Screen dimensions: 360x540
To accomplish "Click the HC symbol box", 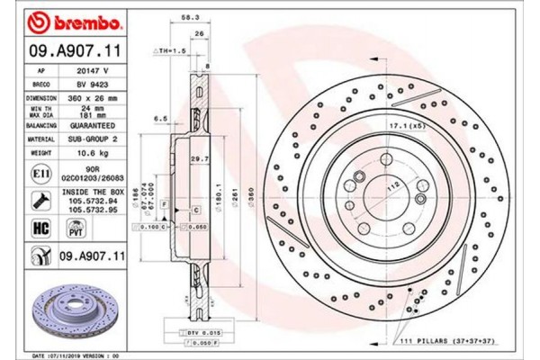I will point(40,229).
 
